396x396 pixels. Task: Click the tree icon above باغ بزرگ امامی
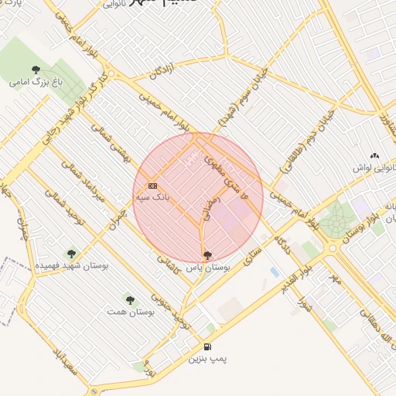point(36,70)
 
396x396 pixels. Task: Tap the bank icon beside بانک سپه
point(152,186)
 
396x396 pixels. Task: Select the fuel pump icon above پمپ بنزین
point(207,347)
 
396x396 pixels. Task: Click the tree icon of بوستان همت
point(129,299)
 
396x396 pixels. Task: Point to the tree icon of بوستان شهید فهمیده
point(71,253)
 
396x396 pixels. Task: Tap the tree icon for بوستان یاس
point(207,254)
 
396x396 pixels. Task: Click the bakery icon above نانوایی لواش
point(375,156)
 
